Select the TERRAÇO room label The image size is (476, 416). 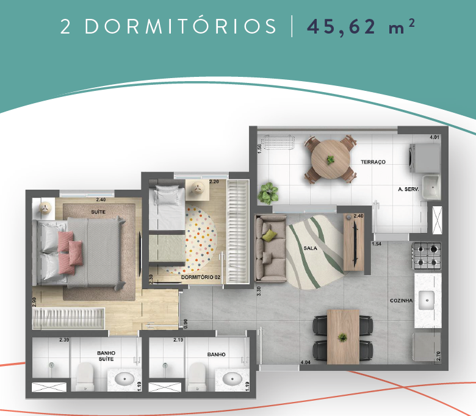(373, 162)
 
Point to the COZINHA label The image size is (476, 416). (401, 301)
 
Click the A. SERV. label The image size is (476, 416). (407, 190)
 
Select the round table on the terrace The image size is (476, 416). (330, 160)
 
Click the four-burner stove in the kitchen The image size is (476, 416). (427, 256)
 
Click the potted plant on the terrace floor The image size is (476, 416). (267, 193)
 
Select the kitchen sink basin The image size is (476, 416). (427, 299)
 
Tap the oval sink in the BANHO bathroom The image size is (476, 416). (233, 378)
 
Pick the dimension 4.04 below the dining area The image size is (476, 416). (306, 363)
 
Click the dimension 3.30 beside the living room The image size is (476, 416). (259, 290)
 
